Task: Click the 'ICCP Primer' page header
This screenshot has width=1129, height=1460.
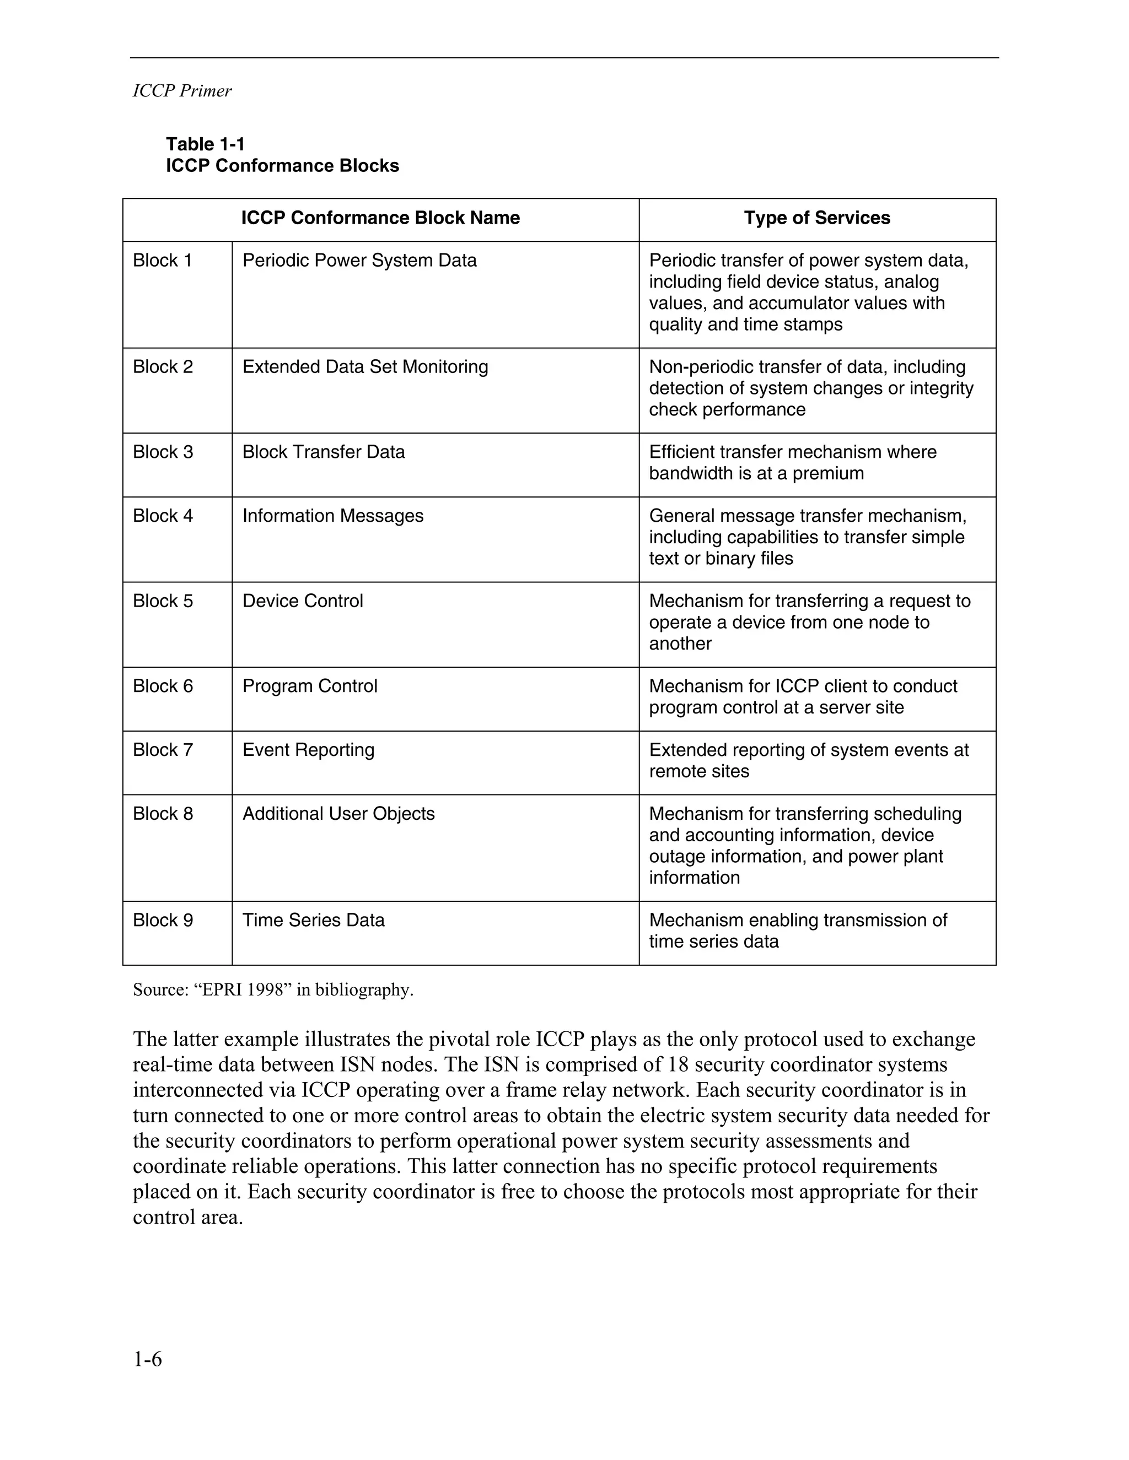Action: point(182,91)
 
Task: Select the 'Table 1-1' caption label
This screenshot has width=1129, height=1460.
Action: point(205,144)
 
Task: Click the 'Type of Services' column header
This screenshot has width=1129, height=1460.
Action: point(816,218)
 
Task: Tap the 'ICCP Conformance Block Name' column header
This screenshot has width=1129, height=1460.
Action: point(380,218)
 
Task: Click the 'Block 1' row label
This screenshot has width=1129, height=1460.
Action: point(163,260)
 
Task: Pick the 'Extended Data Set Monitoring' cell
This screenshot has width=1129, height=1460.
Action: point(365,366)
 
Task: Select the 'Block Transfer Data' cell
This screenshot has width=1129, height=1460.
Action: point(324,452)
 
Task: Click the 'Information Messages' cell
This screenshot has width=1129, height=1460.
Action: point(332,516)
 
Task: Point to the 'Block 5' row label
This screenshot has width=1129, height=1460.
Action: point(163,601)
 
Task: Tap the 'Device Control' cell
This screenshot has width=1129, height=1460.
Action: point(302,601)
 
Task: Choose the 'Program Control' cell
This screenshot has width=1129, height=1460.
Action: point(310,686)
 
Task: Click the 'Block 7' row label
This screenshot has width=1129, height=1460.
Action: point(163,749)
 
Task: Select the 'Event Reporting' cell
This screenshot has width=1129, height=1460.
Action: point(308,749)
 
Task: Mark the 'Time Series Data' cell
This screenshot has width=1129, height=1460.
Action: point(313,920)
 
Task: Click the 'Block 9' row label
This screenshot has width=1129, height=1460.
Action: point(163,920)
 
